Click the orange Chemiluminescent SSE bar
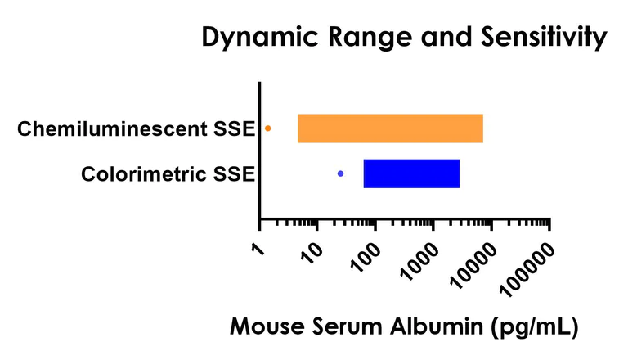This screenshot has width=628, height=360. pyautogui.click(x=390, y=129)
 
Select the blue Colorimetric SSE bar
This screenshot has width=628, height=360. pyautogui.click(x=411, y=173)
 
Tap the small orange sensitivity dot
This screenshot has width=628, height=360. pyautogui.click(x=268, y=128)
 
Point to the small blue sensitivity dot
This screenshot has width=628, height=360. pyautogui.click(x=340, y=173)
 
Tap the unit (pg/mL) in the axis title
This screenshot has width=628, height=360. pyautogui.click(x=536, y=327)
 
